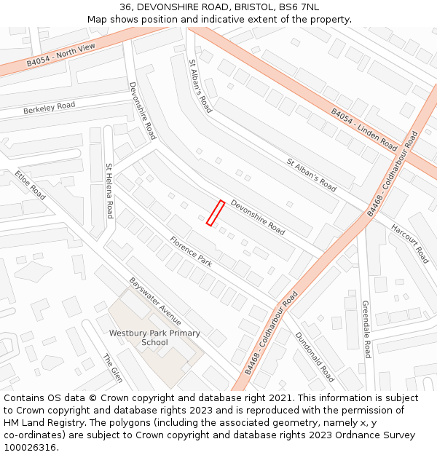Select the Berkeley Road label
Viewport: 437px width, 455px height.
pyautogui.click(x=49, y=108)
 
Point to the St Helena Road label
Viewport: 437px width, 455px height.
pyautogui.click(x=109, y=191)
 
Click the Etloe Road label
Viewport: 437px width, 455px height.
pyautogui.click(x=31, y=186)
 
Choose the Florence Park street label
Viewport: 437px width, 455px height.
pyautogui.click(x=191, y=252)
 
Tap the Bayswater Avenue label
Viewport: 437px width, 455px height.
pyautogui.click(x=155, y=301)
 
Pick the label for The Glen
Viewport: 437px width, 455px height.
pyautogui.click(x=112, y=368)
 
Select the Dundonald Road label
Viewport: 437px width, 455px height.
pyautogui.click(x=315, y=357)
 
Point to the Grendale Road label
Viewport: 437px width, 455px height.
pyautogui.click(x=366, y=329)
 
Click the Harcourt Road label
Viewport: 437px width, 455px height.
pyautogui.click(x=409, y=243)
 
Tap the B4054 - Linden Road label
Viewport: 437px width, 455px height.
pyautogui.click(x=363, y=130)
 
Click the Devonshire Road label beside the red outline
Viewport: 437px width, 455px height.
pyautogui.click(x=258, y=216)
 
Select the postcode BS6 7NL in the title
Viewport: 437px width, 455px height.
pyautogui.click(x=301, y=7)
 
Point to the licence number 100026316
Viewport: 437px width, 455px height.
pyautogui.click(x=31, y=447)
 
